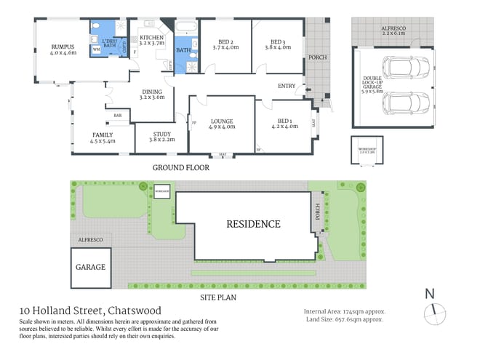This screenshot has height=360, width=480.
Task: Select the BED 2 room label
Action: [225, 42]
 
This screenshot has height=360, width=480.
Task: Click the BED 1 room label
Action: [284, 121]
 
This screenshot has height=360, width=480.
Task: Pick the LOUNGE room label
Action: [221, 121]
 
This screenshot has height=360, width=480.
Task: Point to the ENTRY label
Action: [286, 87]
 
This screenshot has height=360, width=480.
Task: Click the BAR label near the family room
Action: [116, 116]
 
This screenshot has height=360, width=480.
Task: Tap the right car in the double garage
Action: [397, 101]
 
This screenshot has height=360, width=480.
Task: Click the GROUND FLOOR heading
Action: [180, 167]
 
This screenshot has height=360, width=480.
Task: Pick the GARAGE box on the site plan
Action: [90, 267]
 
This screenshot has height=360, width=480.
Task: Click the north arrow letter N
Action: [430, 294]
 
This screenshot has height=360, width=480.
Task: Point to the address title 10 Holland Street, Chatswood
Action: [90, 311]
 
